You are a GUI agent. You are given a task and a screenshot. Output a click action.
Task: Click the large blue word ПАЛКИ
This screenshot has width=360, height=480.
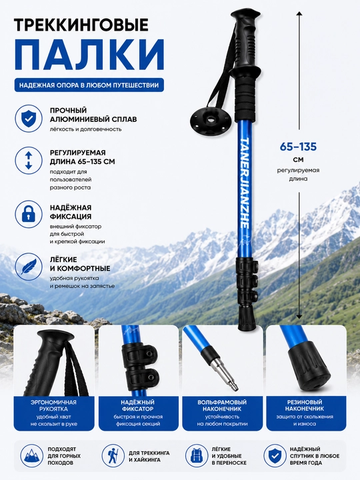89,55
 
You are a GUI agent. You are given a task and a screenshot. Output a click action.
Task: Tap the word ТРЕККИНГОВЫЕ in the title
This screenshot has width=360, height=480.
81,25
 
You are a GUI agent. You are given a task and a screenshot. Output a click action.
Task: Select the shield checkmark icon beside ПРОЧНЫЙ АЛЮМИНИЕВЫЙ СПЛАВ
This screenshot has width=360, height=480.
29,119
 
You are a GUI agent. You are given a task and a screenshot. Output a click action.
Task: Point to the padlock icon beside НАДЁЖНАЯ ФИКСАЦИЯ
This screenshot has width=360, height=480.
29,214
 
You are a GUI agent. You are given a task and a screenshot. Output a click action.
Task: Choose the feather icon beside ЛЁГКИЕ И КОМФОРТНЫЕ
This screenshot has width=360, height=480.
29,266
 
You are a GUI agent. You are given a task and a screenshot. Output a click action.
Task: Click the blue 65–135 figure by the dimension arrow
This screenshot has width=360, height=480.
298,147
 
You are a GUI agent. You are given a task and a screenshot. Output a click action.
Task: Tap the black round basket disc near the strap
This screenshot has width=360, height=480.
210,119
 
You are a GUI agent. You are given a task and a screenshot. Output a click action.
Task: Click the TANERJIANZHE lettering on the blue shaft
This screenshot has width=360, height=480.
245,181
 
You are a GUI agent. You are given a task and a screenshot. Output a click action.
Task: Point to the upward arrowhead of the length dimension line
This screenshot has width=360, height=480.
299,14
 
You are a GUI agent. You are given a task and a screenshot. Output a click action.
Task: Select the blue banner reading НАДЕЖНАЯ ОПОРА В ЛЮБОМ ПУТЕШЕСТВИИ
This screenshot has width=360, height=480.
89,85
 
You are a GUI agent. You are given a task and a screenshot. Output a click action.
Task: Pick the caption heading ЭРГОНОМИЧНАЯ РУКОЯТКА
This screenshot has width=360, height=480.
53,405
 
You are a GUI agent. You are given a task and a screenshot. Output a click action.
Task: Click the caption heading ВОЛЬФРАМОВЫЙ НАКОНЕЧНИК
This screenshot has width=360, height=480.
222,405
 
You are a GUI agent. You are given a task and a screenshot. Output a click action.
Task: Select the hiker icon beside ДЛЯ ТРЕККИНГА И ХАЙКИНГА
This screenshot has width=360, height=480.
113,456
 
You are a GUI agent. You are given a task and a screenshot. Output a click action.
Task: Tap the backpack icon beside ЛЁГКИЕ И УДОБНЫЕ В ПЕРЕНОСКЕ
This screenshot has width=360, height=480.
197,456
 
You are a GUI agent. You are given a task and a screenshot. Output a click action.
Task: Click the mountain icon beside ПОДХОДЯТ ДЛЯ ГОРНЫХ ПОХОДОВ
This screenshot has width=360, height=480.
32,456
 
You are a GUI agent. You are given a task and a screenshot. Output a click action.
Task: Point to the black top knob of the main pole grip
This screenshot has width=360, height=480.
245,15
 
